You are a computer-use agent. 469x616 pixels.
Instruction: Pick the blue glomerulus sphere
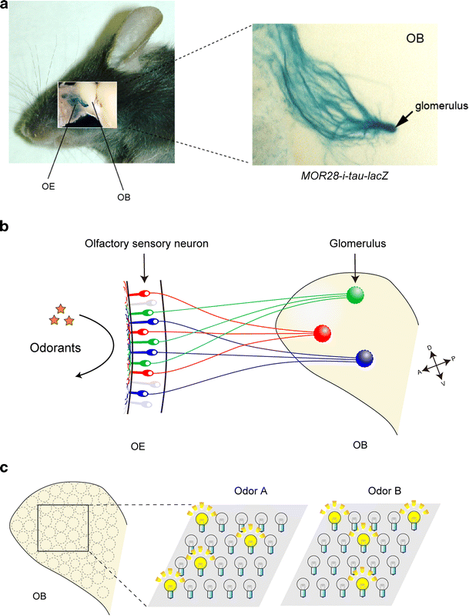point(368,358)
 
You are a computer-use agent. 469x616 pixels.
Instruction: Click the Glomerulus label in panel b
point(354,244)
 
